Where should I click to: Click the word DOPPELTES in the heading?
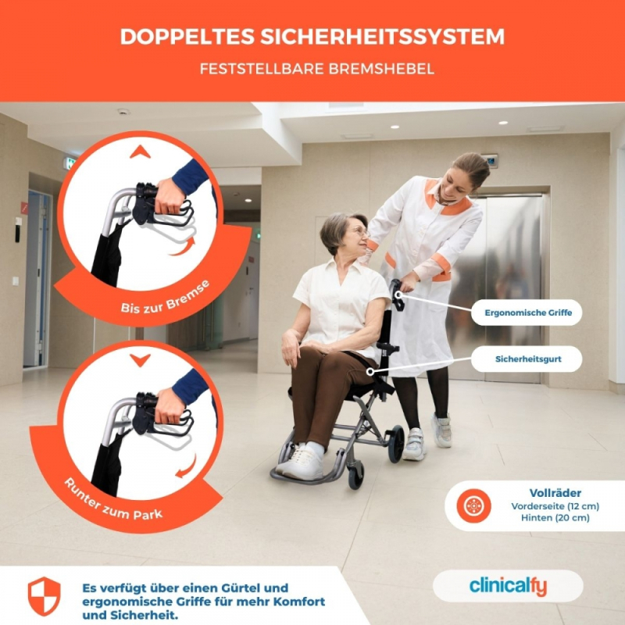187,37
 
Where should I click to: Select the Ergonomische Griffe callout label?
528,312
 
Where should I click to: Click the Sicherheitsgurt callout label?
528,359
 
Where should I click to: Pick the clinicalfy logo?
508,586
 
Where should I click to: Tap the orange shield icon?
45,596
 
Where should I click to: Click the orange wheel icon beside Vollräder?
473,505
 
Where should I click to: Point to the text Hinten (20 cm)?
555,518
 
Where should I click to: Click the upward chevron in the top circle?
140,152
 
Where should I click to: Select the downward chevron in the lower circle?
140,360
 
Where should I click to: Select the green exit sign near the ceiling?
71,163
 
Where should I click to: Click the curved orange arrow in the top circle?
183,247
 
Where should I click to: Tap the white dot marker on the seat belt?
370,372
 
